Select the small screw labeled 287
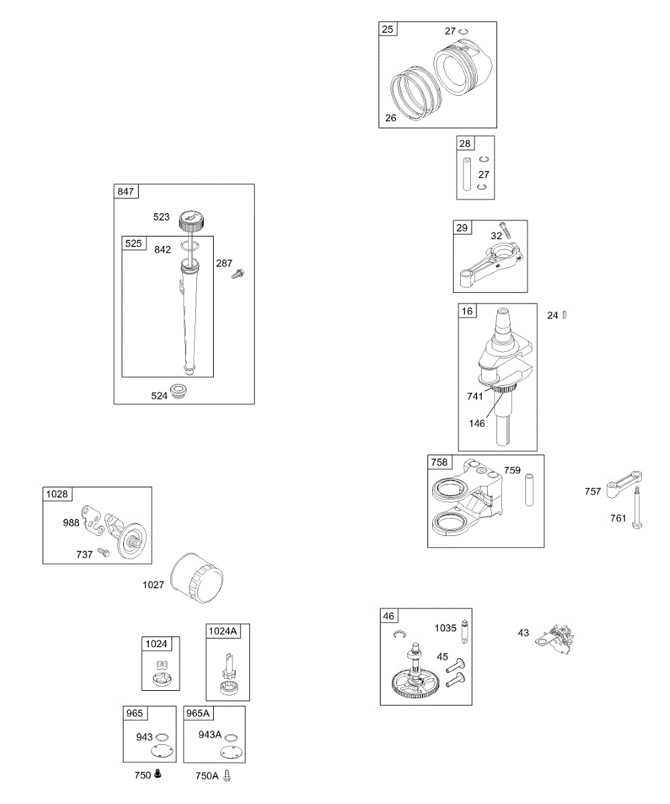click(x=239, y=274)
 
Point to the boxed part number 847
click(x=125, y=192)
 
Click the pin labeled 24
click(x=565, y=315)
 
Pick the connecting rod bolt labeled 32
click(x=505, y=230)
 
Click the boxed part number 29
click(x=462, y=228)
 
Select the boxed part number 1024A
click(x=223, y=631)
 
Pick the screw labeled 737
click(x=103, y=551)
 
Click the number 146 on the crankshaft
click(x=477, y=423)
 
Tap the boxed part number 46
click(x=389, y=616)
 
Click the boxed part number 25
click(x=388, y=29)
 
